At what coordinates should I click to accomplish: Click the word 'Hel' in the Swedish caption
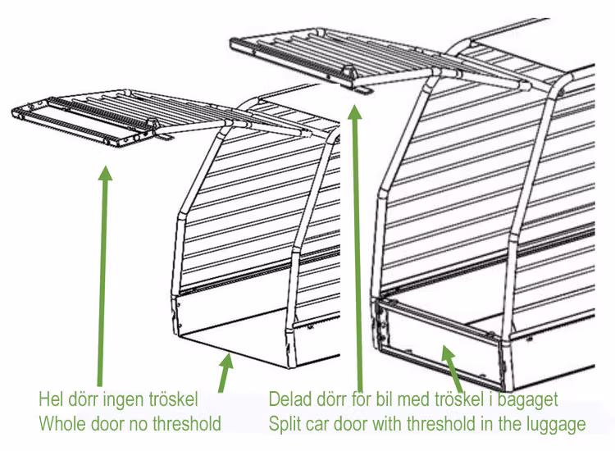tap(52, 400)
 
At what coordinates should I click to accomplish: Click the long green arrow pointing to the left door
tap(102, 271)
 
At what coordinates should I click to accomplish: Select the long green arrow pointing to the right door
tap(356, 246)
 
